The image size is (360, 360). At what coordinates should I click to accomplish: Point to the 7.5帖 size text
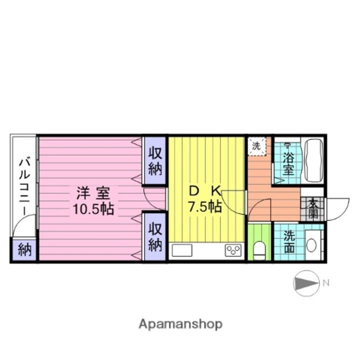coord(204,206)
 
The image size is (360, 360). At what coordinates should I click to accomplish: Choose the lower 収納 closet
coord(155,236)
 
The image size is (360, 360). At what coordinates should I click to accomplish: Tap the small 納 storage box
coord(24,250)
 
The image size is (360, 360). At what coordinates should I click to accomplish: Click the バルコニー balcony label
coord(23,186)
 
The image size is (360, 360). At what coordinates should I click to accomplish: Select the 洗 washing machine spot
coord(256,146)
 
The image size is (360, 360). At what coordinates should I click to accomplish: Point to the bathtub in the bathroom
coord(314,161)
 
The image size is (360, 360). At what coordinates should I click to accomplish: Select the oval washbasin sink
coord(311,245)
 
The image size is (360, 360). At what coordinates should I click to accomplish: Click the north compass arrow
coord(305,283)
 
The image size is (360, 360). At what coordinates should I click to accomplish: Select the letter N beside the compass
coord(325,283)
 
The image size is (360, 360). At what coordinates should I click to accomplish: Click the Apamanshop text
coord(180,324)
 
